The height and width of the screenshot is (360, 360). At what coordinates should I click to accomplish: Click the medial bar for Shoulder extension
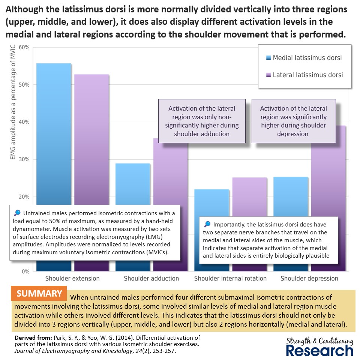click(x=54, y=131)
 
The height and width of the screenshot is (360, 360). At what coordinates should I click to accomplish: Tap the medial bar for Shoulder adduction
click(x=133, y=184)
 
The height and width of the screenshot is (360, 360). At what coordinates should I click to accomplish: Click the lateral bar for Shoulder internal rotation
click(x=249, y=199)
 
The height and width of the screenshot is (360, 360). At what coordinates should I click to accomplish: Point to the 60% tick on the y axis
click(x=24, y=48)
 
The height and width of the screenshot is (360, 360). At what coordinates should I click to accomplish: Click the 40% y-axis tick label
click(x=24, y=122)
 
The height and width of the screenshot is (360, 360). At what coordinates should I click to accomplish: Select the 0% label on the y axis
click(x=25, y=271)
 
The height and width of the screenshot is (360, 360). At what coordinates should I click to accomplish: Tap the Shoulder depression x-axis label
click(x=309, y=278)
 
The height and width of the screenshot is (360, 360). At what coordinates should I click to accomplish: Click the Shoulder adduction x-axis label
click(x=151, y=278)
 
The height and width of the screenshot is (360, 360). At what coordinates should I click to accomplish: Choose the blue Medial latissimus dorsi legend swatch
click(x=268, y=58)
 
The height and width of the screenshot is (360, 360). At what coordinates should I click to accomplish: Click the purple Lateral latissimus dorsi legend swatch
click(x=268, y=75)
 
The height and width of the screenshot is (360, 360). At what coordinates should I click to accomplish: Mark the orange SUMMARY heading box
click(x=39, y=294)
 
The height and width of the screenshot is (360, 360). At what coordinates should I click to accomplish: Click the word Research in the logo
click(x=319, y=350)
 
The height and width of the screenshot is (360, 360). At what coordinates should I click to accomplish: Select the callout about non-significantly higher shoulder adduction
click(x=202, y=121)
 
